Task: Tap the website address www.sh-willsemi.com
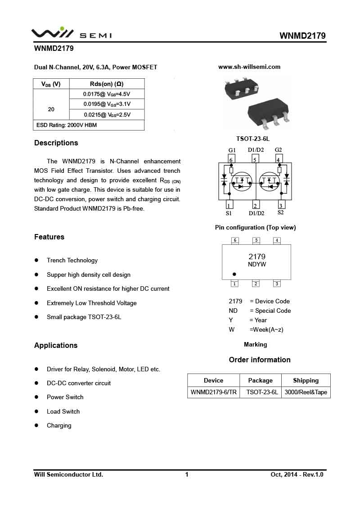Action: [x=249, y=67]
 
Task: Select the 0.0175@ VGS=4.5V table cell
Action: [x=107, y=94]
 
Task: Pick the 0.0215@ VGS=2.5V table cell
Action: [x=107, y=115]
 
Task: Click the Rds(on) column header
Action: [x=107, y=84]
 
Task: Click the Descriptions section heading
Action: [x=56, y=143]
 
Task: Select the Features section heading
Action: [x=49, y=237]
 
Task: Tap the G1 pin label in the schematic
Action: [x=232, y=150]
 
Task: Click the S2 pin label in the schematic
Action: [x=281, y=212]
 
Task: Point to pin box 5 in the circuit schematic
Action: [x=255, y=159]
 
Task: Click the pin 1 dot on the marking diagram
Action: [x=234, y=274]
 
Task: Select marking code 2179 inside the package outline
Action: [x=257, y=257]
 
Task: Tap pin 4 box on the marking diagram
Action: [x=277, y=240]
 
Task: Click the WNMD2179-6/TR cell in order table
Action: [x=213, y=392]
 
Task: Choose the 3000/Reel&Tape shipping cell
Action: [x=306, y=392]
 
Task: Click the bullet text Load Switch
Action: [x=63, y=411]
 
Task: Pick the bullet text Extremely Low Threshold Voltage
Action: [x=92, y=303]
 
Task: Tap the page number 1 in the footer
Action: [x=187, y=474]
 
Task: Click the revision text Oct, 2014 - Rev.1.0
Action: [x=297, y=474]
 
